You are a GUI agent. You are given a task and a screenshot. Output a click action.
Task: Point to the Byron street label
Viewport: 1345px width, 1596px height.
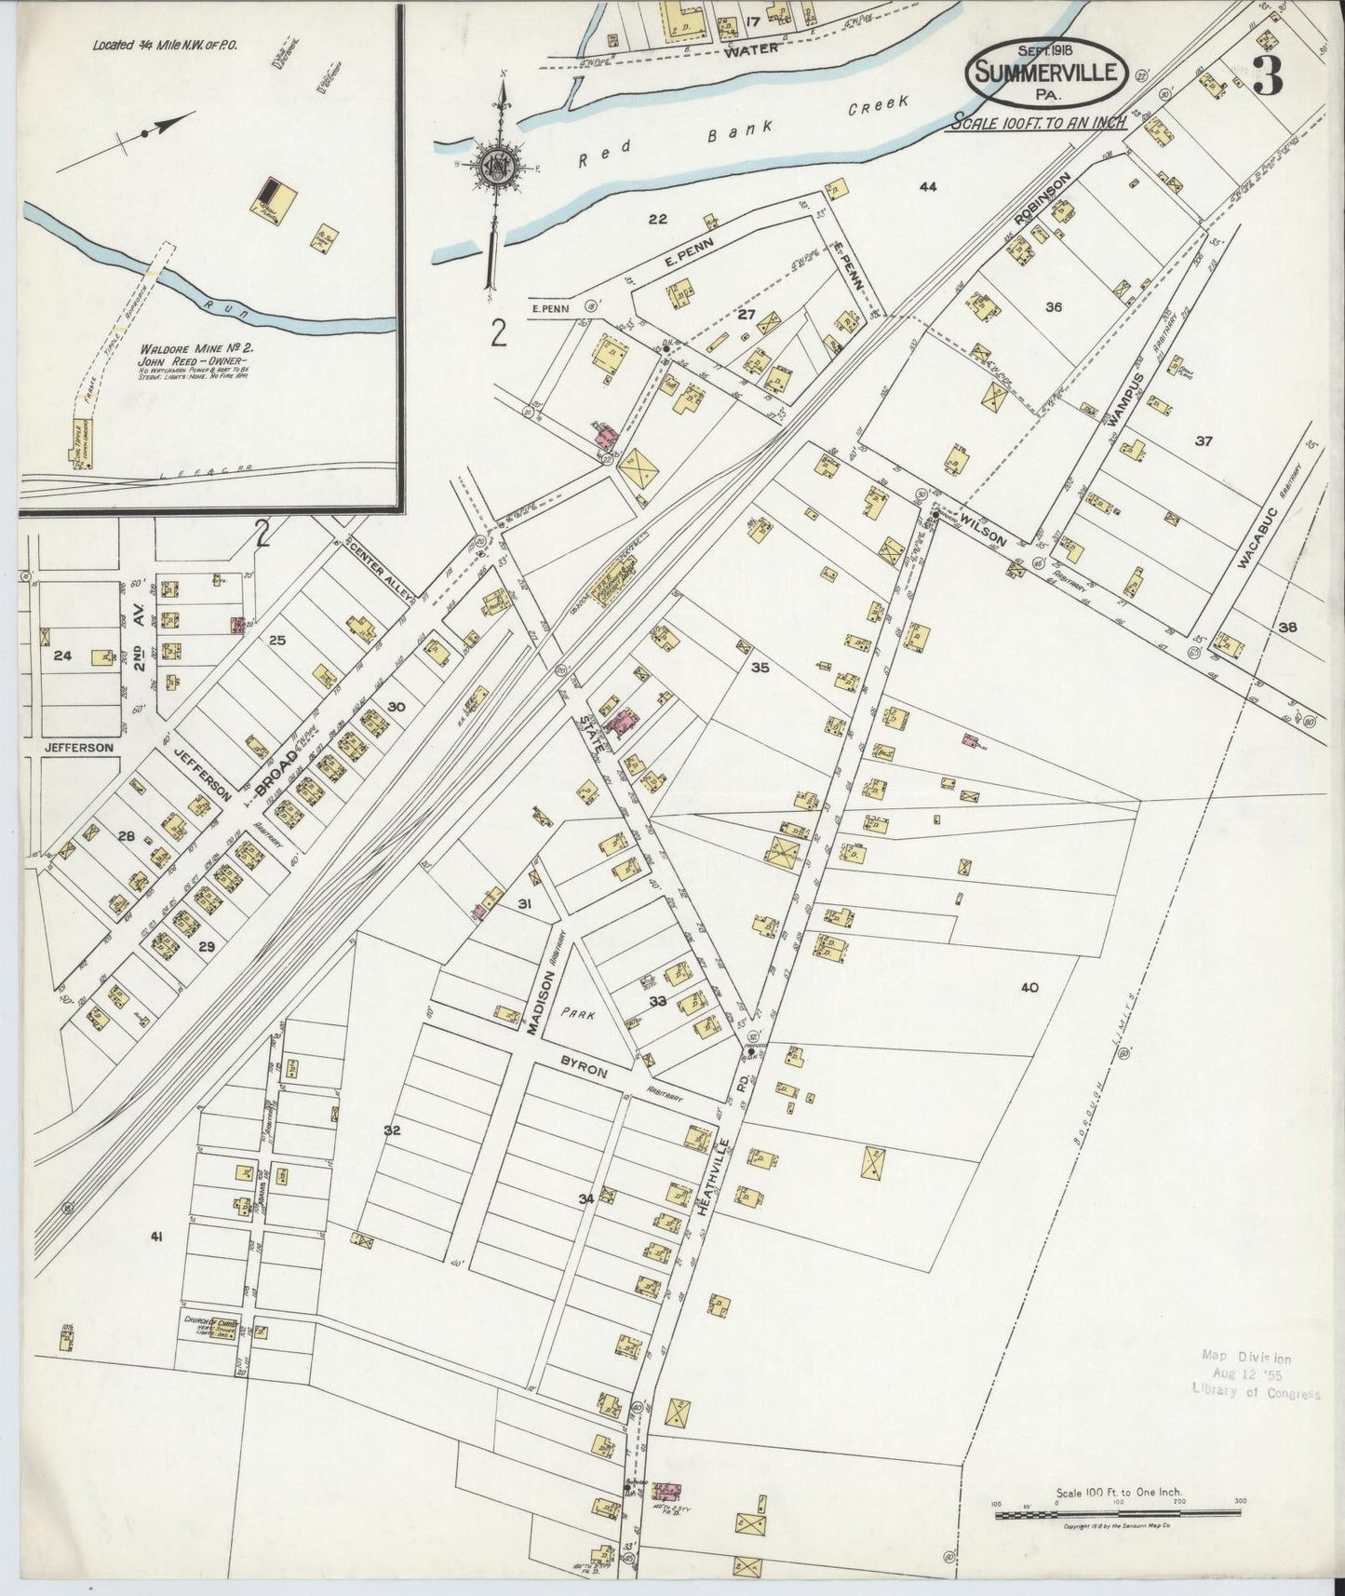(584, 1065)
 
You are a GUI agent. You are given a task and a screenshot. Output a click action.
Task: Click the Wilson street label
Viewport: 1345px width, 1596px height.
(983, 526)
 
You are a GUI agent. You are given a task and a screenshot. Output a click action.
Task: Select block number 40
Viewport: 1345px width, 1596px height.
(1029, 988)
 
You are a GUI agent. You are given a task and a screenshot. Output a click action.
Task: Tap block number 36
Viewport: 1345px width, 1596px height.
(1054, 307)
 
